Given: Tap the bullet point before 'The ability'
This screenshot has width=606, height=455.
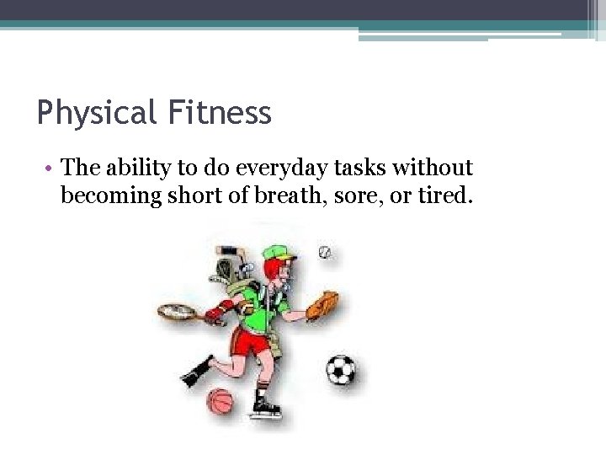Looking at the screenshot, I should (51, 169).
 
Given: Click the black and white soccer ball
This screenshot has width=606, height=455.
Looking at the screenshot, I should (340, 369).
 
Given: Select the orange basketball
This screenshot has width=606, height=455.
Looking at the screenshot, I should (220, 401).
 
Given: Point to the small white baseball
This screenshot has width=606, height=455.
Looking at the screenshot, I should (325, 252).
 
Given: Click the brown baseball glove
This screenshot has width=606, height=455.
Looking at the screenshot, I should (322, 305).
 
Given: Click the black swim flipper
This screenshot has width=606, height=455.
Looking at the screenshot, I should (195, 371).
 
